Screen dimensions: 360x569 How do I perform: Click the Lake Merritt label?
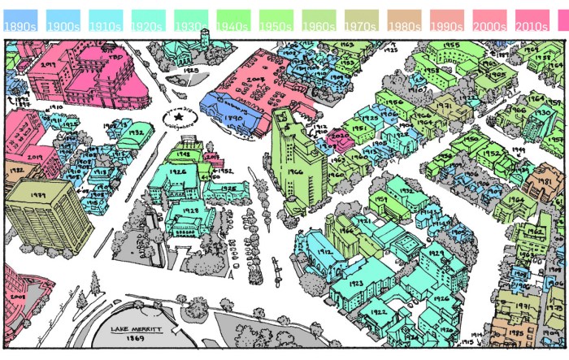(137, 329)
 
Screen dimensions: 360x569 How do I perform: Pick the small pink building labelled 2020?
(341, 138)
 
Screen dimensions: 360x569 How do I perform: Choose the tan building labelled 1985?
(515, 332)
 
